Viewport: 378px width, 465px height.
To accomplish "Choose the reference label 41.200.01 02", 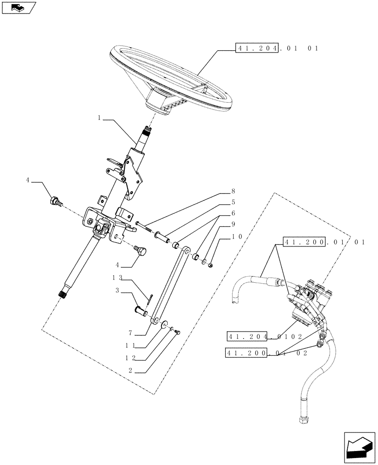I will [x=265, y=353].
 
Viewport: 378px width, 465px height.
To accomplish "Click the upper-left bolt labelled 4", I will [x=54, y=202].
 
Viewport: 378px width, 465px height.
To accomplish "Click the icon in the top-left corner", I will [x=18, y=7].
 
